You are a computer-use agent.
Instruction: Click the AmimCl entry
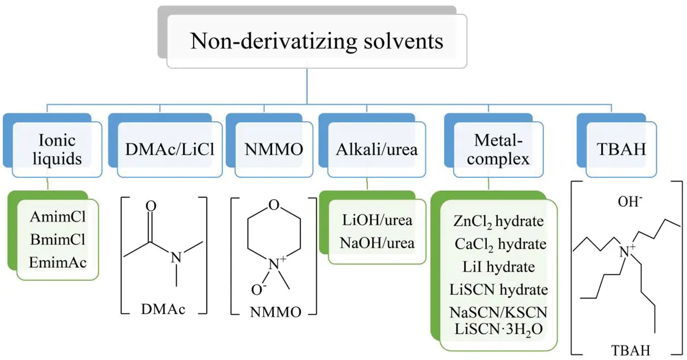point(58,217)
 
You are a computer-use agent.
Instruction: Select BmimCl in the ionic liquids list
point(58,239)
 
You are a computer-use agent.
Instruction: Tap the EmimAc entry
point(58,262)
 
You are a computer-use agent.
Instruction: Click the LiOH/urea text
point(377,220)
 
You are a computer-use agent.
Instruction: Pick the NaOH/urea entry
point(377,243)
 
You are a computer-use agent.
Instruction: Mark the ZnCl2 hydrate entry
point(498,221)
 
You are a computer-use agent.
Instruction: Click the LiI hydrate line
point(499,267)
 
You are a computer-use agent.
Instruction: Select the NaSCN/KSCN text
point(498,313)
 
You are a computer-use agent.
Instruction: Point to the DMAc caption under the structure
point(163,309)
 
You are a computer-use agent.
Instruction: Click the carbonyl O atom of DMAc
point(151,206)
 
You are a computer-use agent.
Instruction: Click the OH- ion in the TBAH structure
point(630,202)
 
